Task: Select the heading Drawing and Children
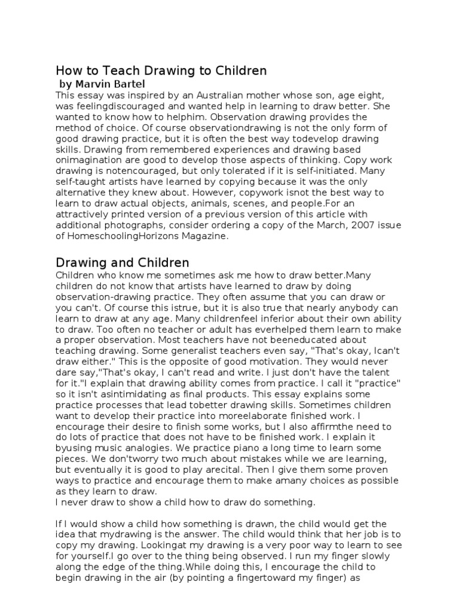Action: (x=122, y=262)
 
